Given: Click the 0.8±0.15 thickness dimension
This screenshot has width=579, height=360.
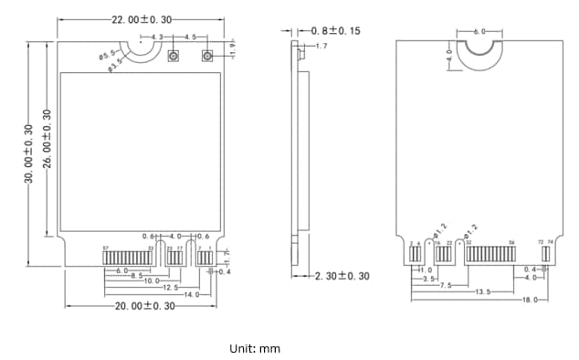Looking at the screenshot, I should [335, 30].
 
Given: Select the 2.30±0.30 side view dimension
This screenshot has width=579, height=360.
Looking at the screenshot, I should [342, 276].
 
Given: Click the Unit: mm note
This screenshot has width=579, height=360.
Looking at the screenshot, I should [255, 348].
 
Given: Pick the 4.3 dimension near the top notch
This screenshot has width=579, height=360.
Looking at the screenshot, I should [156, 37].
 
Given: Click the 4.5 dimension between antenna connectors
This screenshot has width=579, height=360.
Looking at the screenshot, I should [190, 37].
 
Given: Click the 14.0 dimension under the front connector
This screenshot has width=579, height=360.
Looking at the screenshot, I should [192, 295].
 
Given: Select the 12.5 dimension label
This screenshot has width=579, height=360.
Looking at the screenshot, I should [170, 288].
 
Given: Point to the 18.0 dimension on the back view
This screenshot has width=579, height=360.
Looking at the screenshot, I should [529, 300].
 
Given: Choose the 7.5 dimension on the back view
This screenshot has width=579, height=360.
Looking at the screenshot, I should [447, 285].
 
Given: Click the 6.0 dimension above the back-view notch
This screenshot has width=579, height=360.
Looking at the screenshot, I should [480, 32].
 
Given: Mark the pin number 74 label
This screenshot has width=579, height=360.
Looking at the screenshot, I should [551, 242].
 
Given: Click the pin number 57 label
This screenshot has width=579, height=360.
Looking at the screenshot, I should [105, 249].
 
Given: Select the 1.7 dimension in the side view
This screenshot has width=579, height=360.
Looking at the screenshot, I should [321, 45].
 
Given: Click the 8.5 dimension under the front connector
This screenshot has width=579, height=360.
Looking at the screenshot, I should [136, 276].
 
